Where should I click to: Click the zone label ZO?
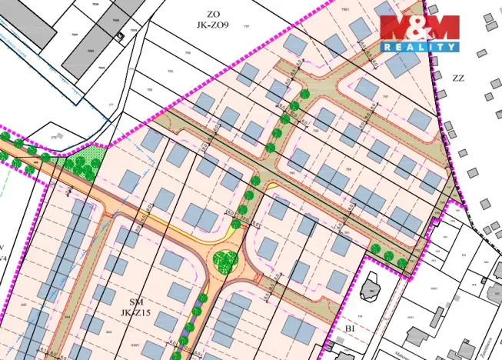(x=214, y=13)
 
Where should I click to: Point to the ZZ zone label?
(x=459, y=78)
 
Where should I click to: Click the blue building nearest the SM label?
(x=179, y=292)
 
